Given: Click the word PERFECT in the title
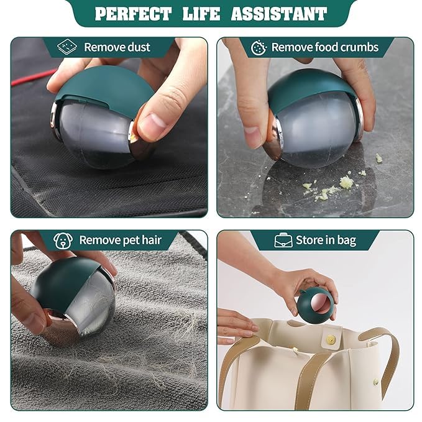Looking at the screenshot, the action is (133, 14).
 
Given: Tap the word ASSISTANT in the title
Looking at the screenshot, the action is (279, 14).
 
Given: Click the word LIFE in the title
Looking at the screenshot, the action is (201, 14).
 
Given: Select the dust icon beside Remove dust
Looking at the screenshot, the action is (67, 47).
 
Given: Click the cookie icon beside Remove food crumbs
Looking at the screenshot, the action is (259, 48).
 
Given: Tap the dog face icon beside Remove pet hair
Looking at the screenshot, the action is (63, 241).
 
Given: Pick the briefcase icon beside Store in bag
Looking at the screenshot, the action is (283, 241).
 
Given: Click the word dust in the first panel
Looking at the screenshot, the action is (139, 47).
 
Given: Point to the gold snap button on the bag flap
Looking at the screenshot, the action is (331, 339).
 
